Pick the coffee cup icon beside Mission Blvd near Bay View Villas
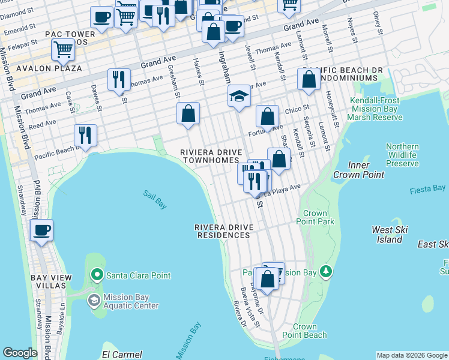point(41,230)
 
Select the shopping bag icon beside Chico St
point(268,115)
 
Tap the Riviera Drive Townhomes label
point(209,157)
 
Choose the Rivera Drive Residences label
point(224,232)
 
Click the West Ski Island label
point(390,235)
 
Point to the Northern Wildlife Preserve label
point(402,155)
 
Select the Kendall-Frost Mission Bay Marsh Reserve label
point(376,109)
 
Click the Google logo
point(20,352)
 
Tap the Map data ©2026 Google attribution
point(411,355)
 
